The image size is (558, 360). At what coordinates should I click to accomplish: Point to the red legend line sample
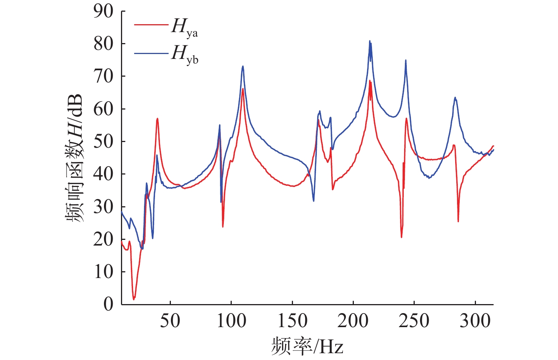[x=151, y=25]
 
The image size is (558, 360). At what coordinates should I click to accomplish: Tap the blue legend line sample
[x=151, y=53]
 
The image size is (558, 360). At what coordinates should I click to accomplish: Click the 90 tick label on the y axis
[x=103, y=12]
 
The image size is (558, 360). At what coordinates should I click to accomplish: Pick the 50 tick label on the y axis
[x=103, y=142]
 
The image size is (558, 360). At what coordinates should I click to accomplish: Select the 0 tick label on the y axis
[x=108, y=304]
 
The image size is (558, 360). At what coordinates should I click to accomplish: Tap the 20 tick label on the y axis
[x=103, y=239]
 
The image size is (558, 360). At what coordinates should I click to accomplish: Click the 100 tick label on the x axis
[x=231, y=321]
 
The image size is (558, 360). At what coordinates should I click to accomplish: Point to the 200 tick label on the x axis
[x=353, y=321]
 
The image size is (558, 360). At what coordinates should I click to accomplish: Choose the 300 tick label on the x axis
[x=475, y=321]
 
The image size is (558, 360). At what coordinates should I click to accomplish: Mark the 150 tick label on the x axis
[x=292, y=321]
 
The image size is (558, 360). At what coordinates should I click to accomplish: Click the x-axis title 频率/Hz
[x=307, y=346]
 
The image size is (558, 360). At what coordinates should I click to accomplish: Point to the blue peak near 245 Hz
[x=406, y=60]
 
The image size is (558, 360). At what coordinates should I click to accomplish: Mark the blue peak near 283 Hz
[x=455, y=97]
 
